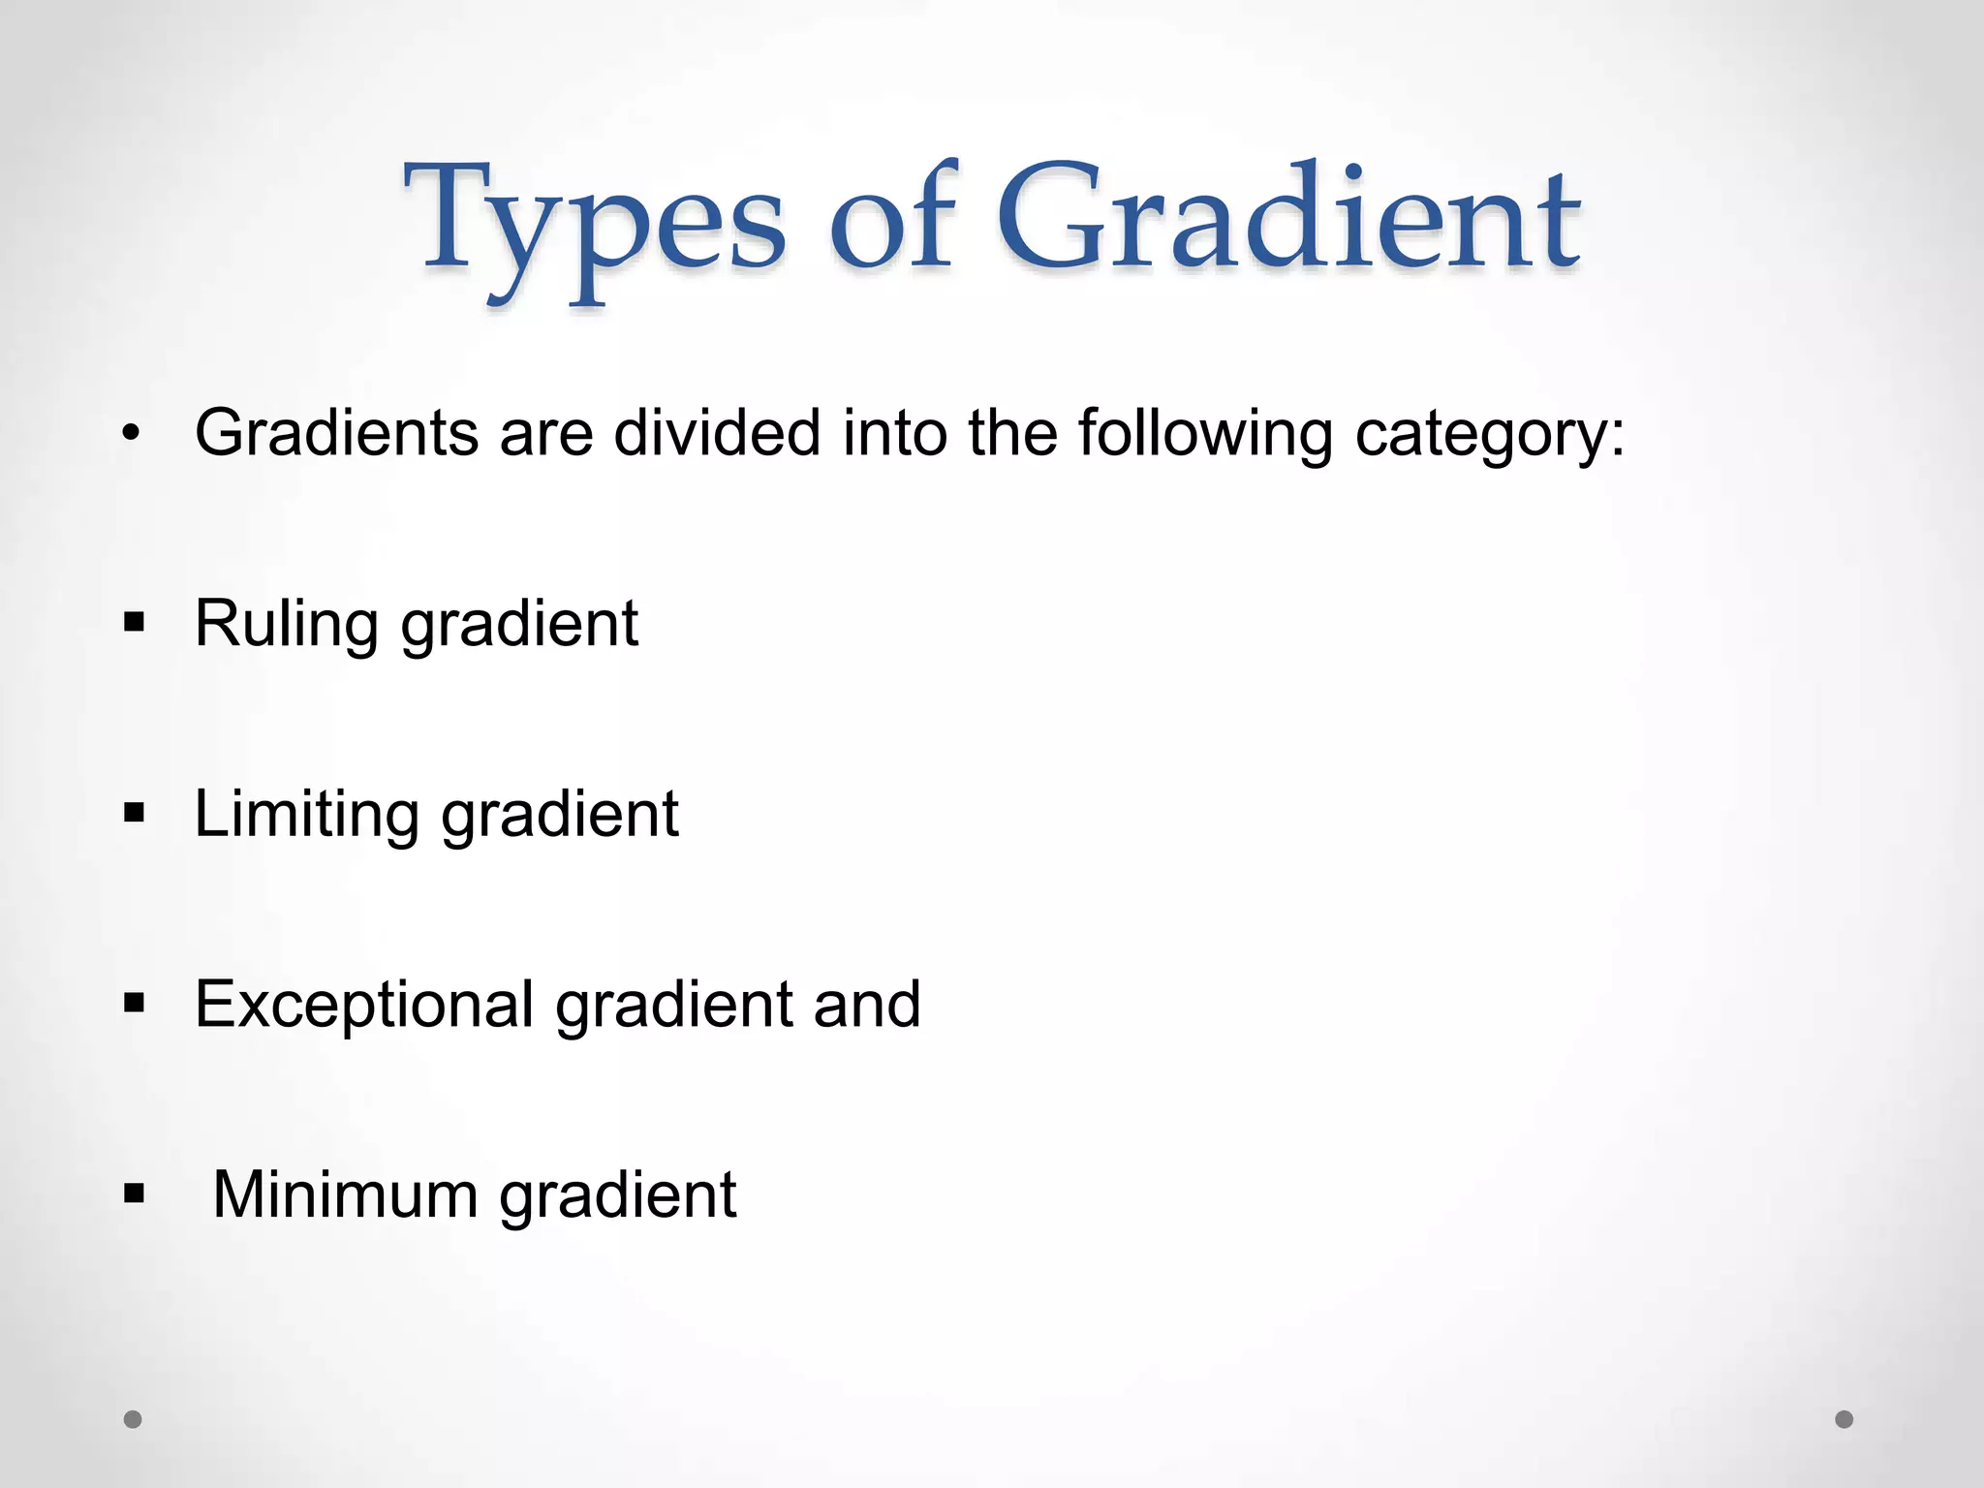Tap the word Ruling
[287, 625]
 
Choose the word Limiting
[306, 814]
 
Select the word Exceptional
[364, 1005]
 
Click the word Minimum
[345, 1194]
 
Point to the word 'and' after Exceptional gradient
[867, 1005]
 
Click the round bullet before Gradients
[133, 433]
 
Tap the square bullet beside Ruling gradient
[134, 621]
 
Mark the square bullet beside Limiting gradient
[134, 812]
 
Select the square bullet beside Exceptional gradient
[134, 1003]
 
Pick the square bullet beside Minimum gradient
[134, 1193]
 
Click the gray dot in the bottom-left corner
[133, 1419]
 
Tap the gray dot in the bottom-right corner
[1844, 1419]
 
